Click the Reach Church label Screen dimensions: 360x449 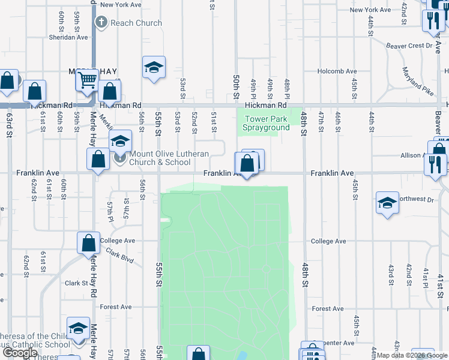click(136, 23)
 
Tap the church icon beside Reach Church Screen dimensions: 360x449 click(101, 23)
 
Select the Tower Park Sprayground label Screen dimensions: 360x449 click(265, 123)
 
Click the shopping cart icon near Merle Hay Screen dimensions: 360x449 click(88, 79)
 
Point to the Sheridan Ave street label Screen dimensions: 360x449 click(69, 37)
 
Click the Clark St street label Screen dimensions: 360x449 click(76, 283)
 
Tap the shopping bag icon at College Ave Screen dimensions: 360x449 click(89, 243)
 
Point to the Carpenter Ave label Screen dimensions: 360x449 click(337, 343)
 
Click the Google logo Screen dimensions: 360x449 click(20, 353)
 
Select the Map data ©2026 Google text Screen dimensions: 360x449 click(411, 355)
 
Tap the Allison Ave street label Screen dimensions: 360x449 click(411, 155)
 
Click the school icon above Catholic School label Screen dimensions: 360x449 click(78, 328)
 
